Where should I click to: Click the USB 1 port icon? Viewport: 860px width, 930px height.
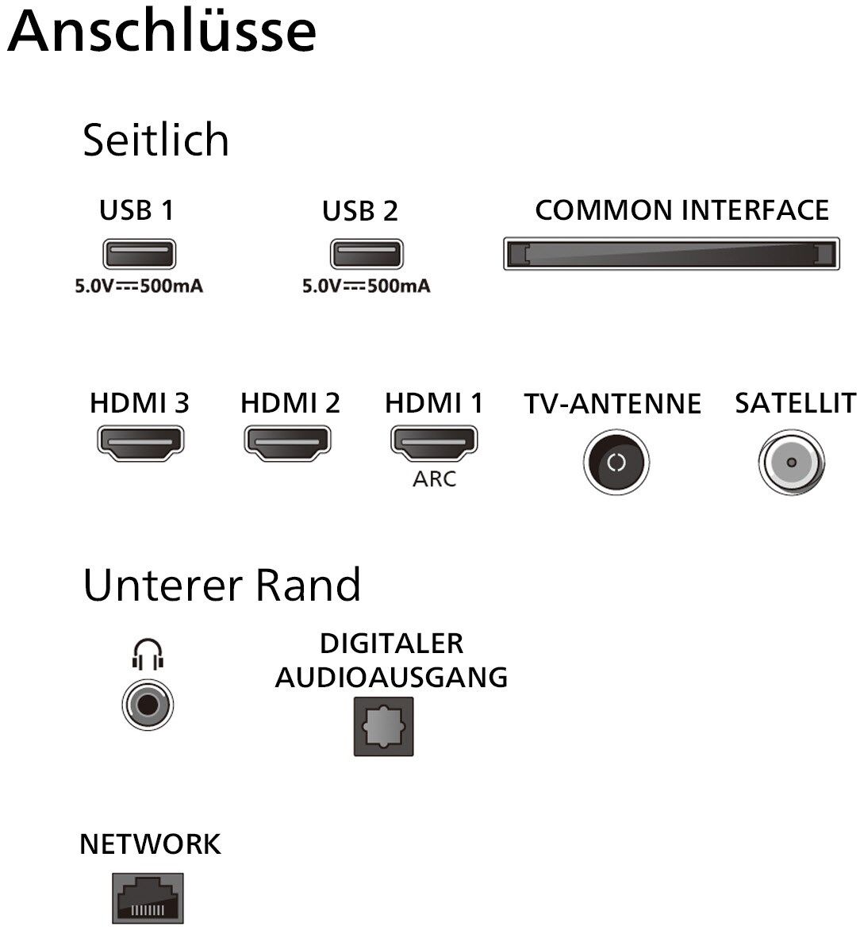point(139,254)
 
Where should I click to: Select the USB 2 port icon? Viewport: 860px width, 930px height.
point(366,254)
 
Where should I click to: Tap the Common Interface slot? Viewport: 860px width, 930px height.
point(671,254)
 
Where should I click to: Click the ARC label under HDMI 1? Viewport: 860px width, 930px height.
point(434,479)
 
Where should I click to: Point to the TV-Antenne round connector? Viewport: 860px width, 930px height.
point(616,463)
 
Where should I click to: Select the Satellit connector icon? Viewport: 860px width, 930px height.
point(791,463)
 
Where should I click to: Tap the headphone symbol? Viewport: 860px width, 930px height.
point(148,655)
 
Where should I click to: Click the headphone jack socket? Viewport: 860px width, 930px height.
point(148,703)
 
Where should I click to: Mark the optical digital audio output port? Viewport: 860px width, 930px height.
point(383,726)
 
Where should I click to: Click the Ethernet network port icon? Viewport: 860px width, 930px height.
point(148,898)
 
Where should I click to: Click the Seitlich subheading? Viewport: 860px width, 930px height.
point(155,140)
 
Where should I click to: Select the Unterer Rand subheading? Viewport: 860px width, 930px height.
point(221,585)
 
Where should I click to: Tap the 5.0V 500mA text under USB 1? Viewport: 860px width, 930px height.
point(139,286)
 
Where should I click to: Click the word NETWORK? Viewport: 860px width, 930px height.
point(150,844)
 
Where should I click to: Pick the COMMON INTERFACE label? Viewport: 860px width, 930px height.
point(681,210)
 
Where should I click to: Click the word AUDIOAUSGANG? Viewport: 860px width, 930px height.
point(391,677)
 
